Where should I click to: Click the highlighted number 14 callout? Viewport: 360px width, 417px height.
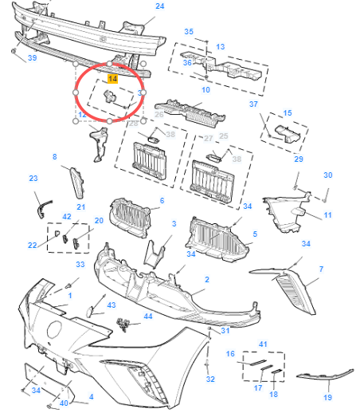point(112,80)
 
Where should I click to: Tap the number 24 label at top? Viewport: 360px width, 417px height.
point(159,6)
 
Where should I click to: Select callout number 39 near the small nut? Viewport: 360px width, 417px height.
point(32,58)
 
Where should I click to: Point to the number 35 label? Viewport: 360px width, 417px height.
point(189,32)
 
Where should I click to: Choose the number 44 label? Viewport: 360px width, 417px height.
point(147,317)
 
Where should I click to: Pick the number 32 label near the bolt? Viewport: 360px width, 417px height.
point(210,379)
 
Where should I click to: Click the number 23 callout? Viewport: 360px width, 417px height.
point(33,178)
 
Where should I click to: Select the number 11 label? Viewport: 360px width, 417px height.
point(327,216)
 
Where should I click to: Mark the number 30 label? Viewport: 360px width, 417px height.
point(327,175)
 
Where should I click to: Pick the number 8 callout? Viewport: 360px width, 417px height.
point(55,157)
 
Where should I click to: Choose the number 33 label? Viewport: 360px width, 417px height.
point(80,264)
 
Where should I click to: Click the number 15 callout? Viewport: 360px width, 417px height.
point(288,114)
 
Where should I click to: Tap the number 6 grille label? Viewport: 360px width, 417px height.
point(161,200)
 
